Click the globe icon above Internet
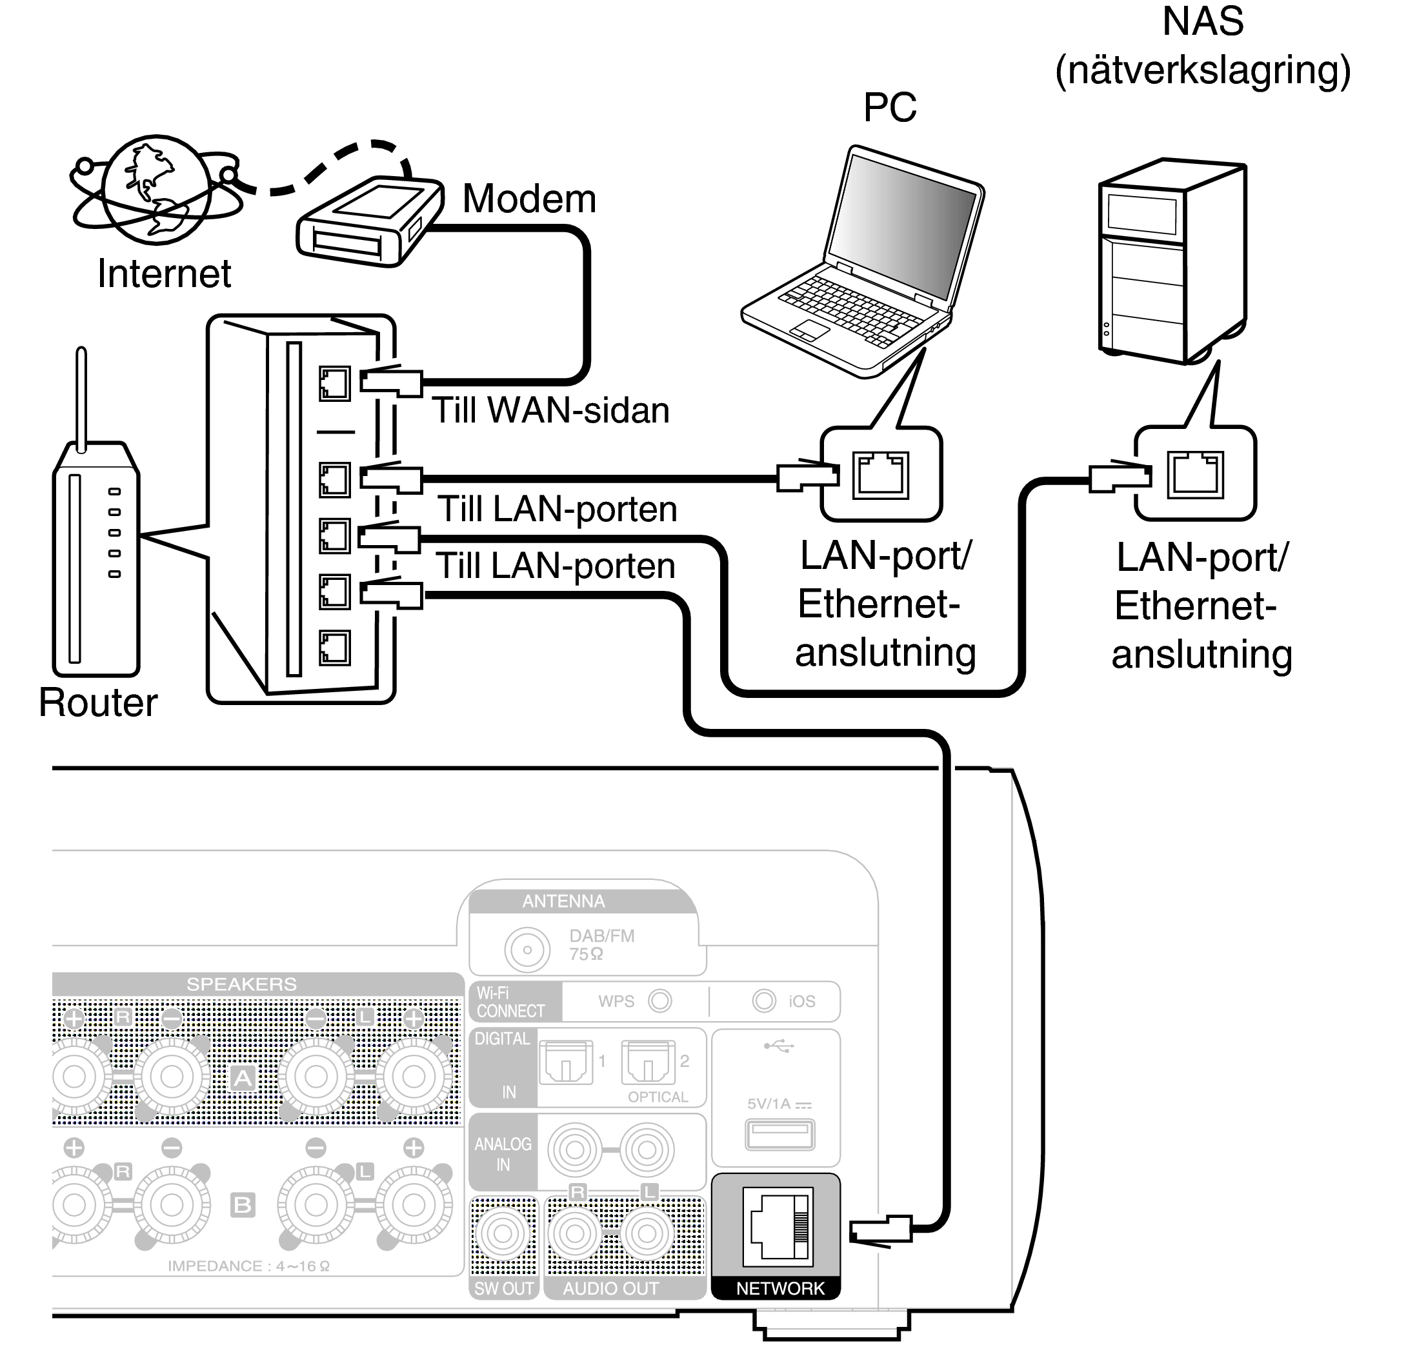[157, 189]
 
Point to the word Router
[97, 702]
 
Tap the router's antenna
[81, 397]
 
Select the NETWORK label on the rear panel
[779, 1288]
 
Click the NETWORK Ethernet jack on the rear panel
[778, 1227]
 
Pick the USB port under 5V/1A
[779, 1135]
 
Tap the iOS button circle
[764, 1001]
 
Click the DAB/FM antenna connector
[527, 950]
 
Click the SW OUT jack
[503, 1233]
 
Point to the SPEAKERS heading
[241, 984]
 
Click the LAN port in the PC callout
[880, 475]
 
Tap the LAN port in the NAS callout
[1194, 475]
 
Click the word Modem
[529, 199]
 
